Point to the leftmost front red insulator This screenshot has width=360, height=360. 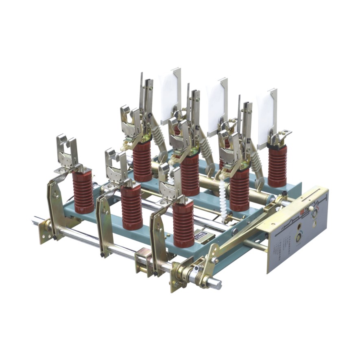(83, 191)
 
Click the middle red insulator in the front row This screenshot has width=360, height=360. (132, 207)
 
